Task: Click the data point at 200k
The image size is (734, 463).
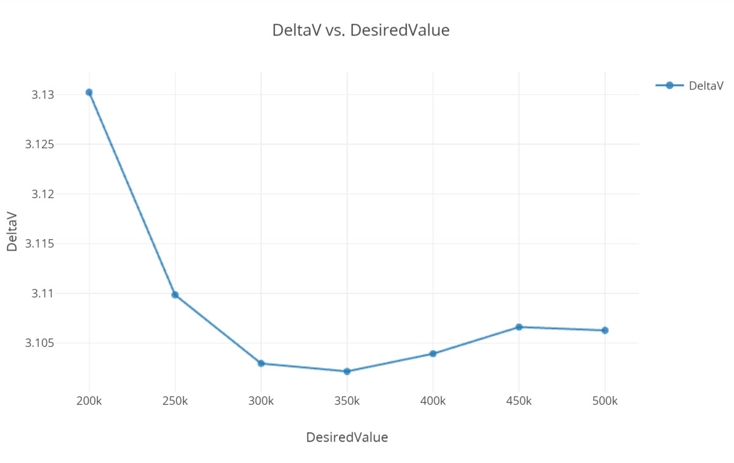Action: (89, 93)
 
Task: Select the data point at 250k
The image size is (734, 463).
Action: (175, 295)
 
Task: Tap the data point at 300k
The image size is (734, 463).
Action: (261, 363)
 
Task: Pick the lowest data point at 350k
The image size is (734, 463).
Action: (347, 371)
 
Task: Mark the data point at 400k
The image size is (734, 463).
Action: (433, 353)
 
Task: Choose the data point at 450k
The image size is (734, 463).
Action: (519, 327)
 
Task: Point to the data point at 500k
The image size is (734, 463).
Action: (605, 330)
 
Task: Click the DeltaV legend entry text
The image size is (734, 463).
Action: (706, 86)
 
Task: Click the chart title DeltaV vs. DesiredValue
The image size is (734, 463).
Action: (361, 30)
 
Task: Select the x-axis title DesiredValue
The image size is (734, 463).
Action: (347, 437)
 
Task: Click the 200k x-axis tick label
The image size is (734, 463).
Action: (89, 401)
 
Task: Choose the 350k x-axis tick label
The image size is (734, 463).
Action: (347, 401)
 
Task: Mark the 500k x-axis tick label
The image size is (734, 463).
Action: (605, 401)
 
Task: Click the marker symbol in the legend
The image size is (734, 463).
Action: (669, 86)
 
